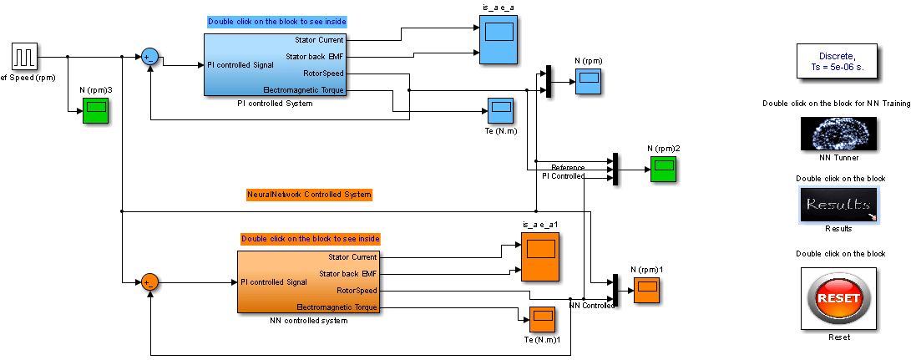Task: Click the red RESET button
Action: tap(838, 297)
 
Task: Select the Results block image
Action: tap(838, 205)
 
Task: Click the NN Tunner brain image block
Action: tap(838, 134)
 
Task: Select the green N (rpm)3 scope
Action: tap(95, 110)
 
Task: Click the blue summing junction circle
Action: tap(149, 56)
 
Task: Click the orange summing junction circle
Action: tap(149, 282)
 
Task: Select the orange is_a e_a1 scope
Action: tap(540, 256)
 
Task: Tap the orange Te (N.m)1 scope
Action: tap(542, 319)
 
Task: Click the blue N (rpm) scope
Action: tap(589, 82)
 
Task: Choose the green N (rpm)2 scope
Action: tap(664, 170)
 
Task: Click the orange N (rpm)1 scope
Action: tap(646, 291)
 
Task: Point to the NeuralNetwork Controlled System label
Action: tap(309, 195)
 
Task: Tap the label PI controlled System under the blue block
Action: tap(275, 104)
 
